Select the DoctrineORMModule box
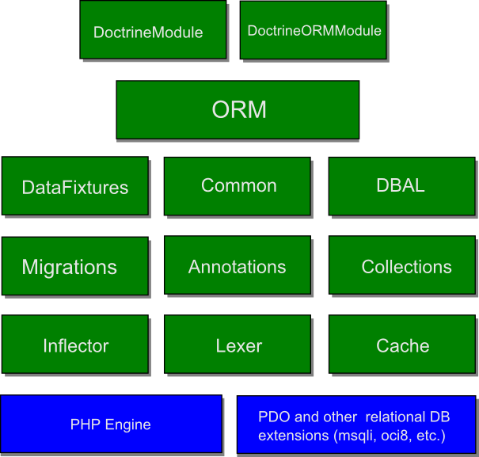(313, 30)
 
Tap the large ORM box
(238, 109)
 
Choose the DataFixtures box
(74, 186)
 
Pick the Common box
(238, 186)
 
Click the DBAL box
(401, 186)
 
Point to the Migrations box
(74, 266)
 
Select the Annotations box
(238, 266)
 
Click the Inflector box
(74, 345)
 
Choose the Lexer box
(238, 345)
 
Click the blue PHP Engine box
(111, 425)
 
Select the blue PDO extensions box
(355, 425)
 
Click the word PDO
(272, 417)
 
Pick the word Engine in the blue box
(127, 425)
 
